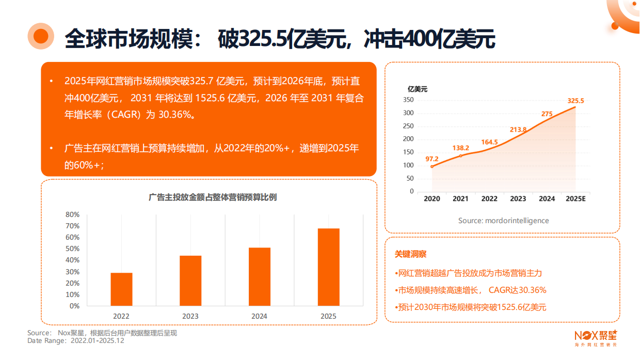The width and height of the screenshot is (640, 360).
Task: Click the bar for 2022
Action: click(121, 289)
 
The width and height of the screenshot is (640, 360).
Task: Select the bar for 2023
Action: click(190, 280)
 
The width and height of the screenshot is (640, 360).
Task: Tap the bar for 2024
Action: click(260, 277)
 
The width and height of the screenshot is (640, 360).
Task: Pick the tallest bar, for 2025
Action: click(329, 267)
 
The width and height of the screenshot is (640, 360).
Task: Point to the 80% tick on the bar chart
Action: click(73, 214)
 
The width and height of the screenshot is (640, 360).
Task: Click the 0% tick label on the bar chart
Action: click(74, 306)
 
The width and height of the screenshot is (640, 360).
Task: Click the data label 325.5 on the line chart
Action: click(575, 101)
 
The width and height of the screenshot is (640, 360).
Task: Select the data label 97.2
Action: click(432, 159)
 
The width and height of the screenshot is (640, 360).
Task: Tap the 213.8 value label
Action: click(518, 130)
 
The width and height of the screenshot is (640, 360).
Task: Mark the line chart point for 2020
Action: click(432, 166)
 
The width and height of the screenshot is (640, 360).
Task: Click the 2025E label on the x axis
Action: click(575, 199)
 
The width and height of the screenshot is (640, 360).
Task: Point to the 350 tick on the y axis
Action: click(408, 100)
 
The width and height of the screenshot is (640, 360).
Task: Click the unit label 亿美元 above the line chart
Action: click(418, 89)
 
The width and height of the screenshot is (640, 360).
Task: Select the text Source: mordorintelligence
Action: click(503, 221)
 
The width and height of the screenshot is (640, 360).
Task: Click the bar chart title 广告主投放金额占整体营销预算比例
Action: click(212, 197)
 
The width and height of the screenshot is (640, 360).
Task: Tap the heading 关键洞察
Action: click(411, 254)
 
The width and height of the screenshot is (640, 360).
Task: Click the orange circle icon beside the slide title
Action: click(41, 35)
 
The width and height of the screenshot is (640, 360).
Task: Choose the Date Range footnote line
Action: click(76, 341)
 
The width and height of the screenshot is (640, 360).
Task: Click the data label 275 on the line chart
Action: click(547, 114)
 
